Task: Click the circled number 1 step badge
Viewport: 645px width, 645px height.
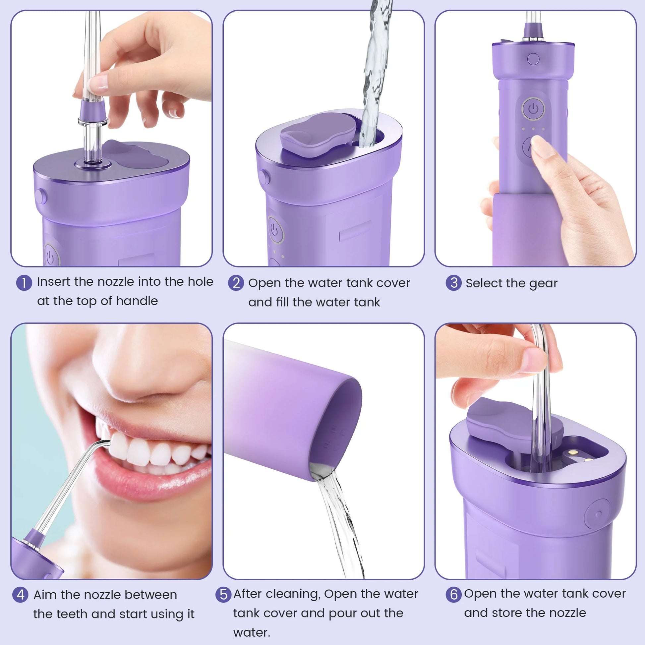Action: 24,283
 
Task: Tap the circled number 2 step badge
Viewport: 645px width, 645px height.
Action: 236,283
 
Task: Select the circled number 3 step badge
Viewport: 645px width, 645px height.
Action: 454,283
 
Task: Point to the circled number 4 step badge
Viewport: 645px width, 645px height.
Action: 20,595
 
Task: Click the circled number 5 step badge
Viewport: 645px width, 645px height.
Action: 223,595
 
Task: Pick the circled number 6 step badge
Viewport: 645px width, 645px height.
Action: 454,595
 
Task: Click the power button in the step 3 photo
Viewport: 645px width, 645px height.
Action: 533,108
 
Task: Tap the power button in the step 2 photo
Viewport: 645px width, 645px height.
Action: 275,230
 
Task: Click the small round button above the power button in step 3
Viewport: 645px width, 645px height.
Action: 533,59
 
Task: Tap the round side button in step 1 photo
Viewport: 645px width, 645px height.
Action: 40,196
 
